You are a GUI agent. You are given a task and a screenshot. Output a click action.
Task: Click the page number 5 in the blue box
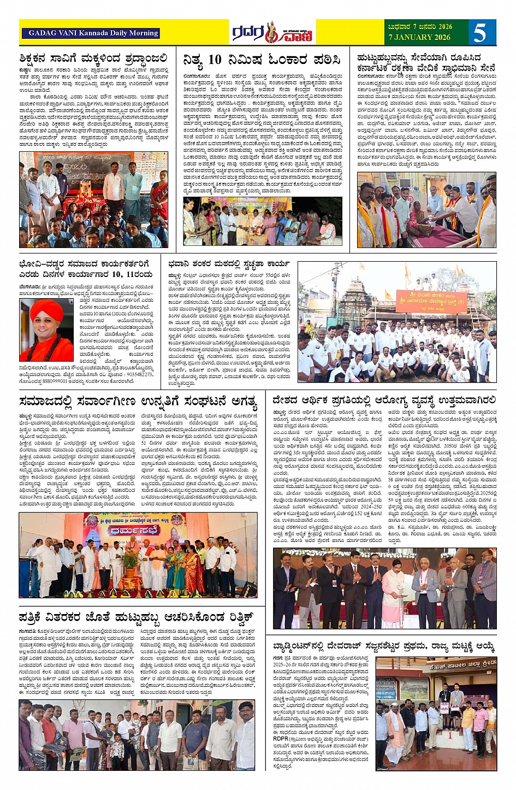(x=480, y=33)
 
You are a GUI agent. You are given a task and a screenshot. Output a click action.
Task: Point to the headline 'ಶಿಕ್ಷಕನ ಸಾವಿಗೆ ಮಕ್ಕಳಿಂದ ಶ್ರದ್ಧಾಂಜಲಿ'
(x=93, y=59)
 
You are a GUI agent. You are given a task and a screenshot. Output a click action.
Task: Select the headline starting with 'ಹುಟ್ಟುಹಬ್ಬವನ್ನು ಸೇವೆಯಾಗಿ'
(x=419, y=58)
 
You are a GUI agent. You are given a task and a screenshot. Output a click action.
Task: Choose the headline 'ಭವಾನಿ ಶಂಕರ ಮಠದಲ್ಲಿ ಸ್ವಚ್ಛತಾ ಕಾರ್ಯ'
(x=229, y=263)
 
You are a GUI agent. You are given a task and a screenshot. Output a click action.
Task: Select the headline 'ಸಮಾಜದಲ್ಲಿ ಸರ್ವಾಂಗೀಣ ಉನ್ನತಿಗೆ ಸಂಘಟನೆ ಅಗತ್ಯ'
(x=138, y=402)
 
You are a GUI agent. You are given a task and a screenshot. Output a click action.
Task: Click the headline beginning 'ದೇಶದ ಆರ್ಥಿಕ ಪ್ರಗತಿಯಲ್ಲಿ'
(x=384, y=400)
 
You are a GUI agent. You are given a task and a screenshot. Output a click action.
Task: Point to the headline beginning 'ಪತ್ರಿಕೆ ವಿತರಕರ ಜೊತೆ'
(x=137, y=617)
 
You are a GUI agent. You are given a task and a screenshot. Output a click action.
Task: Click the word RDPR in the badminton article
(x=281, y=739)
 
